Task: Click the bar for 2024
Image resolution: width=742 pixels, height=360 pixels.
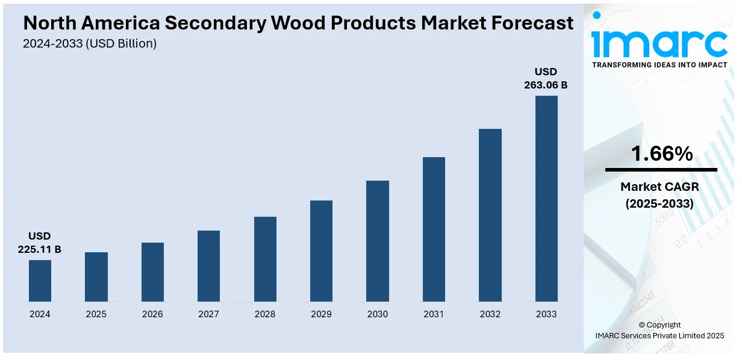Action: (40, 281)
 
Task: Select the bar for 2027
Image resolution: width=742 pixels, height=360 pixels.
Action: (208, 266)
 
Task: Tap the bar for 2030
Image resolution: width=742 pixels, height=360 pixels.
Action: (378, 241)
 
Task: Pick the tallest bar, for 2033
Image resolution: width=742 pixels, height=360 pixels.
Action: (546, 199)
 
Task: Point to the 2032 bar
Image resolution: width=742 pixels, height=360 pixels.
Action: (490, 215)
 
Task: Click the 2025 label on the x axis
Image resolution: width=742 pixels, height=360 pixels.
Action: (96, 314)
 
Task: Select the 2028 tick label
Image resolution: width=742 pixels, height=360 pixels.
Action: (265, 314)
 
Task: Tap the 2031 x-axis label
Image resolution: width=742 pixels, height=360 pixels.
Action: (434, 314)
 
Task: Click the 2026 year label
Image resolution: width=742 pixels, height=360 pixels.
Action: (152, 314)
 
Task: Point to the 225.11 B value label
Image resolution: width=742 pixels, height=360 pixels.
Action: (40, 249)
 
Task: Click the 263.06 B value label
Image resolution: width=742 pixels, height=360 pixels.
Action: (546, 85)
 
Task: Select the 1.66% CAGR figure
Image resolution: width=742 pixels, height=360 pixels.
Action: (661, 154)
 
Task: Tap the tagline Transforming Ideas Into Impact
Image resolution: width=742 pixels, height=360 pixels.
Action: (659, 65)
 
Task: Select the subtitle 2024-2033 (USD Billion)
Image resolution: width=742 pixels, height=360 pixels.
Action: (90, 43)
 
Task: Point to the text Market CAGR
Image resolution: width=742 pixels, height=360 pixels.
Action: (659, 187)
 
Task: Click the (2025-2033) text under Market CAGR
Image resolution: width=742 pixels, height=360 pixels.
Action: (659, 203)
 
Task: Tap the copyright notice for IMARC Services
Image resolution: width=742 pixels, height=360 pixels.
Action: (659, 335)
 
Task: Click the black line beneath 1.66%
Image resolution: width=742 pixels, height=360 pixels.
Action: (661, 170)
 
